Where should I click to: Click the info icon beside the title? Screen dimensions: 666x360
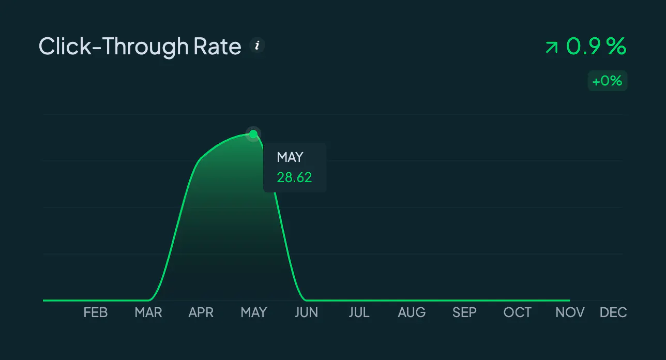pos(257,46)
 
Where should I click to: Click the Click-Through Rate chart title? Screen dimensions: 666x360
pos(140,47)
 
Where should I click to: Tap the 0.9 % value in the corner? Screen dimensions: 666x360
pos(596,46)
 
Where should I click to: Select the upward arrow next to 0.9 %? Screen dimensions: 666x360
pos(552,48)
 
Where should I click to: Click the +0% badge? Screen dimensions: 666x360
pos(607,81)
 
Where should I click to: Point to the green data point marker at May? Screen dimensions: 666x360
pos(253,134)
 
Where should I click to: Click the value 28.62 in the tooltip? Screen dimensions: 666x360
pos(294,177)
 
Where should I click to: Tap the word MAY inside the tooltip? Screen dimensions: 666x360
pos(290,157)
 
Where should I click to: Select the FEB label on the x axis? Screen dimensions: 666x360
pos(96,312)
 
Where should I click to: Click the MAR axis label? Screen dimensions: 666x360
pos(148,312)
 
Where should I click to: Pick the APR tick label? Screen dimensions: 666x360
pos(201,312)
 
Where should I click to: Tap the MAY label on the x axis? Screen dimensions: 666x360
pos(254,312)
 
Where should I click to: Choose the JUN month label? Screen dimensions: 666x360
pos(307,312)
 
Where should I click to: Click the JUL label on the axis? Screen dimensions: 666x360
pos(359,312)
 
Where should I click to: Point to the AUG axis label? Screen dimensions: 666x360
pos(412,312)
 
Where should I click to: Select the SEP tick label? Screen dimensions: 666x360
pos(464,312)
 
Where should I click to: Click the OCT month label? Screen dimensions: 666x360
pos(517,312)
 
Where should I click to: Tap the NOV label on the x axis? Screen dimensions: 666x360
pos(570,312)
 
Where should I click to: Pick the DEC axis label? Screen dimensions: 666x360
pos(613,312)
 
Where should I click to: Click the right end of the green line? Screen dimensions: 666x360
pos(569,301)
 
